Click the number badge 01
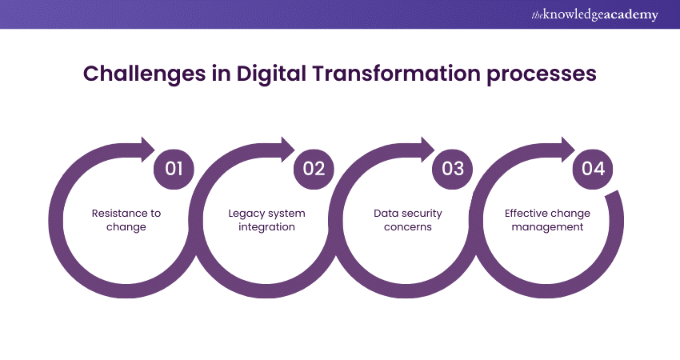174,169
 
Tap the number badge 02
314,169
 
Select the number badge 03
453,169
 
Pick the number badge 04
593,169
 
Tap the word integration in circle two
266,227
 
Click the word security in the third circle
420,214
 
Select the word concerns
408,227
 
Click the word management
547,227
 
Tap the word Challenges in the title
145,74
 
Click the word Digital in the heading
271,74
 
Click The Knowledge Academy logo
594,14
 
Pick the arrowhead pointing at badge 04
568,150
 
